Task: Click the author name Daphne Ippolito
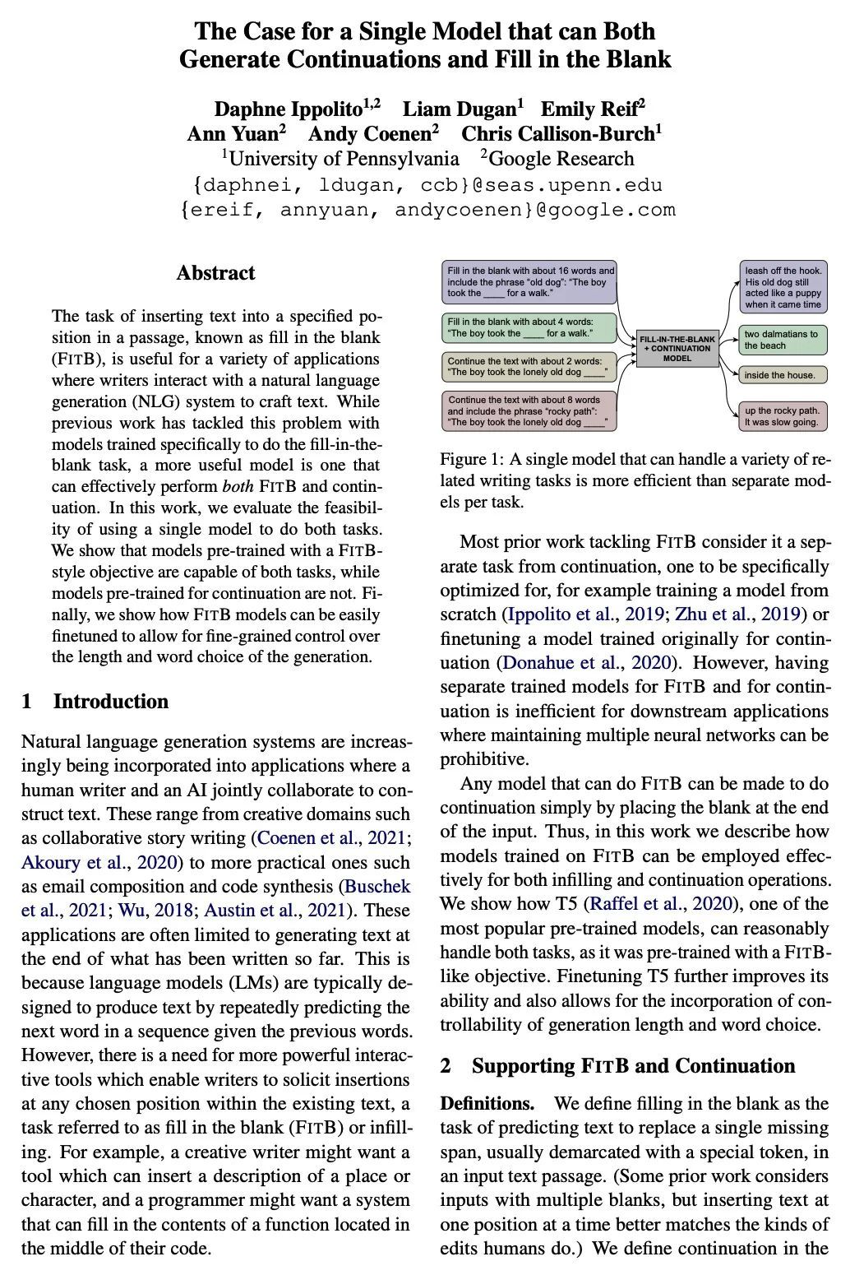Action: (x=288, y=109)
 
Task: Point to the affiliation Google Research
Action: (x=561, y=159)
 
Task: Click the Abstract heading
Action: (x=215, y=273)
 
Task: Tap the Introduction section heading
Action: (x=110, y=702)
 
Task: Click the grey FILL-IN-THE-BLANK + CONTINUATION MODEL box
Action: (x=677, y=348)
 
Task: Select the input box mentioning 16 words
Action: (x=530, y=281)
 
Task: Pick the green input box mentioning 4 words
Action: (x=530, y=327)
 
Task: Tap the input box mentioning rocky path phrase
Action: (x=530, y=411)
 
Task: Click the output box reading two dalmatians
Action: (x=783, y=340)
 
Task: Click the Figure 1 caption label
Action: (x=471, y=459)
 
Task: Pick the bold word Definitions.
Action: (x=487, y=1104)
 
